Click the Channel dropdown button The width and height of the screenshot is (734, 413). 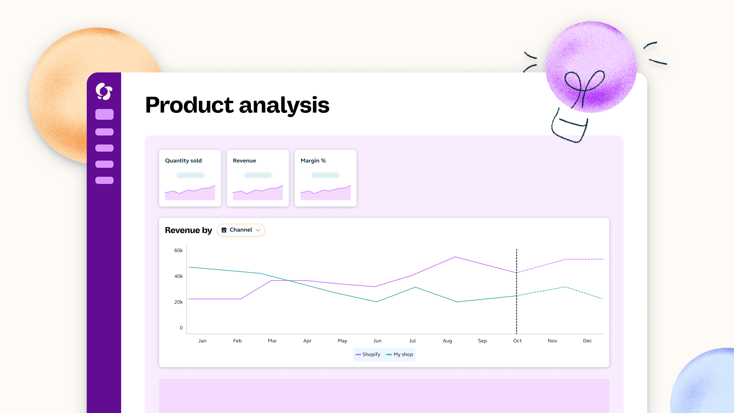[x=241, y=230]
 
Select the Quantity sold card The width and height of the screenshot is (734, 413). [x=190, y=178]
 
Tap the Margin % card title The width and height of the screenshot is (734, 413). [x=313, y=161]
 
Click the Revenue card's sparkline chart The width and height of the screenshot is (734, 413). [x=258, y=193]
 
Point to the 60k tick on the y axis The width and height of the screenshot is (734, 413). [x=178, y=250]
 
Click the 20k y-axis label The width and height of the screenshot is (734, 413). [x=178, y=302]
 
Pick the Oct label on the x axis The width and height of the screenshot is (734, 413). [x=517, y=341]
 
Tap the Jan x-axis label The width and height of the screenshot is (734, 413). [x=202, y=341]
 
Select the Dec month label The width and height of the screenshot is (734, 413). [x=587, y=341]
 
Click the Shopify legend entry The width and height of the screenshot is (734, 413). [x=368, y=354]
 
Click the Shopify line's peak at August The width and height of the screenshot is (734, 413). [x=455, y=257]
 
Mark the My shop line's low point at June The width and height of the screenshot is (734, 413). [x=377, y=302]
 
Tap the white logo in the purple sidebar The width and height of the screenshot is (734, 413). [x=104, y=91]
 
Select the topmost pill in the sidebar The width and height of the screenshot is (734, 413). [x=104, y=114]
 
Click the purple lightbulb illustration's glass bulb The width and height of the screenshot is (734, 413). [x=591, y=67]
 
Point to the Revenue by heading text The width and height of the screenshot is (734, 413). [x=188, y=230]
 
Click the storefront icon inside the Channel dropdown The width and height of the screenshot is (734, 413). [x=224, y=230]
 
